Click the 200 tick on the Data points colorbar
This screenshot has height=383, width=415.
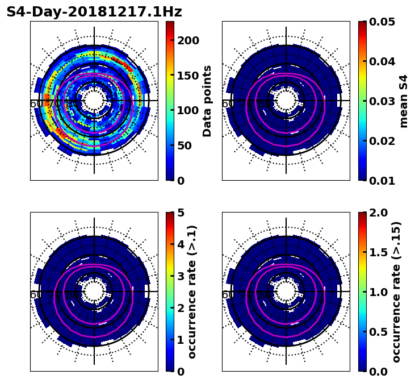pos(188,40)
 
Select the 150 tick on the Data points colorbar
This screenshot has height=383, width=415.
pos(188,76)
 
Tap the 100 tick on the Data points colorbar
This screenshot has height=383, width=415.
pos(188,110)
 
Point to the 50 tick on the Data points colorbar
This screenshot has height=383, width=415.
pos(188,145)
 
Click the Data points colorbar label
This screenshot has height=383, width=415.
pos(207,101)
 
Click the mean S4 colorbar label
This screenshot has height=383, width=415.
pos(404,101)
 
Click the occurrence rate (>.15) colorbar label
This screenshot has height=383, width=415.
pos(397,292)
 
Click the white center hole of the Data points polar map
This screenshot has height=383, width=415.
pos(94,101)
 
